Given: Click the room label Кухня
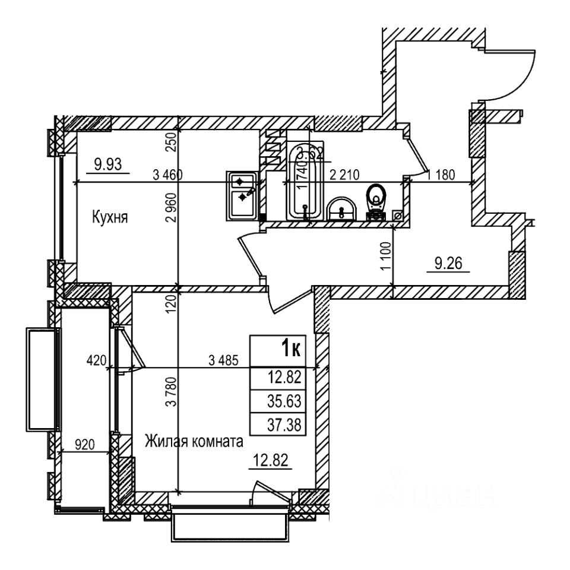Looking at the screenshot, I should click(x=110, y=217).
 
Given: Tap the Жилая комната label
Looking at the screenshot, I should click(x=195, y=442).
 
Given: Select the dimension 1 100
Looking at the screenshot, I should click(x=386, y=260).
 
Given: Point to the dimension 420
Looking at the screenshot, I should click(x=96, y=360).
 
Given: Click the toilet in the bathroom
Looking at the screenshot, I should click(x=376, y=199).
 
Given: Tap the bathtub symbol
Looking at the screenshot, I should click(x=304, y=182).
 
